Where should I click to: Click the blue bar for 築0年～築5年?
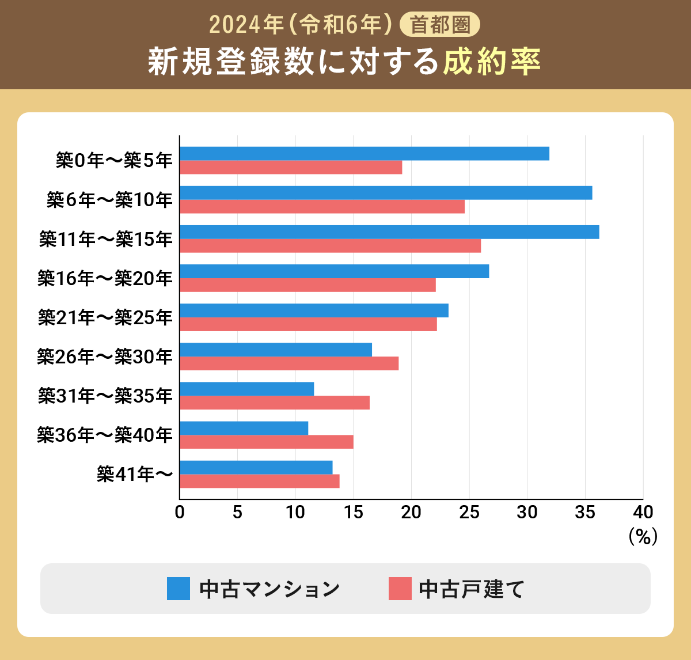click(364, 154)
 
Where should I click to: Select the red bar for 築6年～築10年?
click(322, 207)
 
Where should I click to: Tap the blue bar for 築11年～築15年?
click(389, 232)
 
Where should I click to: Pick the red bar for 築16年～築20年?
click(307, 285)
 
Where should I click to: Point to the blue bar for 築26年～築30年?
click(276, 350)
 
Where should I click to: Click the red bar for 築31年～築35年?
click(275, 403)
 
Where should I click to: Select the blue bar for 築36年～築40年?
click(244, 428)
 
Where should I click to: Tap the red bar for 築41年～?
click(260, 481)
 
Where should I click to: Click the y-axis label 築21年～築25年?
click(105, 317)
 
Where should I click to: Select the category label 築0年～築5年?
click(114, 161)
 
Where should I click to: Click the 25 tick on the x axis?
click(469, 512)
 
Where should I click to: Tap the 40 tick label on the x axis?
click(643, 512)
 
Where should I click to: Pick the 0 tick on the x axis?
click(180, 512)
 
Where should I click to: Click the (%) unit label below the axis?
click(643, 537)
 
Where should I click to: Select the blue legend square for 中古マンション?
click(179, 589)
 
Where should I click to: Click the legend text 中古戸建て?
click(472, 589)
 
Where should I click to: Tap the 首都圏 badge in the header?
click(440, 25)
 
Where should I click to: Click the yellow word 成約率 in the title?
click(492, 61)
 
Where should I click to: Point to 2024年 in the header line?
click(246, 25)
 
